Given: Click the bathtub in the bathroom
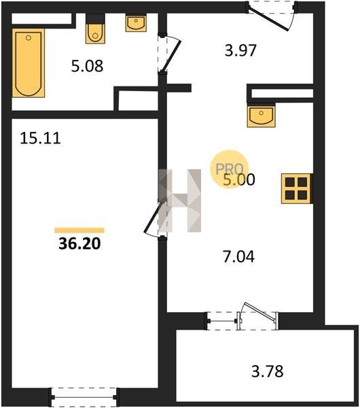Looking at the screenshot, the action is pyautogui.click(x=29, y=63).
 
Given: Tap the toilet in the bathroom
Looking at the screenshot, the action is pyautogui.click(x=95, y=29).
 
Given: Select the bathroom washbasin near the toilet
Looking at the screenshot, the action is pyautogui.click(x=136, y=23).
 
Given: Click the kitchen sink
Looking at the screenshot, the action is pyautogui.click(x=262, y=116).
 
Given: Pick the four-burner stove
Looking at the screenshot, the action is pyautogui.click(x=297, y=188).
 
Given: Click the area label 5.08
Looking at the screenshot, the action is pyautogui.click(x=88, y=66).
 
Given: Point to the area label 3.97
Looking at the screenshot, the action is pyautogui.click(x=240, y=50).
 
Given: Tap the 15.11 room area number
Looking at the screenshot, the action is pyautogui.click(x=40, y=138).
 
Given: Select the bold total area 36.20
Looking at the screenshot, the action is pyautogui.click(x=79, y=244).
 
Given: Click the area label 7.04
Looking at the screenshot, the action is pyautogui.click(x=239, y=256).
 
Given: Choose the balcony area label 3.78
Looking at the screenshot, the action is pyautogui.click(x=268, y=371).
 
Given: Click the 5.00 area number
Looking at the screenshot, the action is pyautogui.click(x=239, y=180).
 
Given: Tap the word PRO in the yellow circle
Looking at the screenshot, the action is pyautogui.click(x=230, y=169).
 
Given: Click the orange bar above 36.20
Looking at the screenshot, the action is pyautogui.click(x=79, y=231).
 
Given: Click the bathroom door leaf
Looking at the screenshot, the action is pyautogui.click(x=171, y=56).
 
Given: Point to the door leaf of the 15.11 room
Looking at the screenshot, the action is pyautogui.click(x=152, y=217).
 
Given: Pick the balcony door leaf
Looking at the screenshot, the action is pyautogui.click(x=259, y=311).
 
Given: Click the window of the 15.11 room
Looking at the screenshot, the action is pyautogui.click(x=84, y=397).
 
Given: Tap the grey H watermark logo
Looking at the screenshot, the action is pyautogui.click(x=180, y=201).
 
